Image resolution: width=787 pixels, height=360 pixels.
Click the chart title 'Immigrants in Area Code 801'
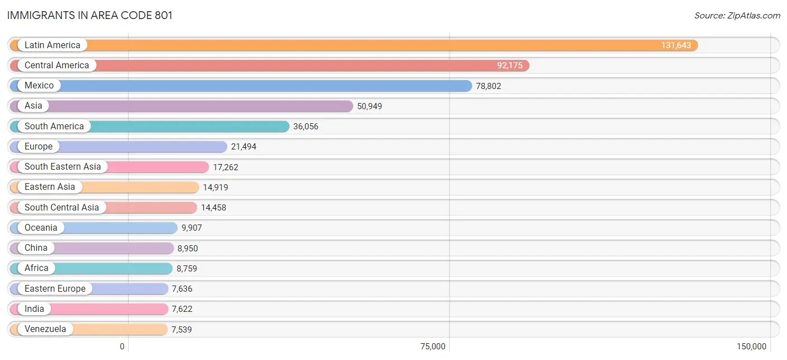[90, 16]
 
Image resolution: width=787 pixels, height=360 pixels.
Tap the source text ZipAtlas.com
[737, 16]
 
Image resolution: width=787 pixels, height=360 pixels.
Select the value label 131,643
[676, 45]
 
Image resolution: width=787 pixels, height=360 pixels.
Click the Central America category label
[57, 66]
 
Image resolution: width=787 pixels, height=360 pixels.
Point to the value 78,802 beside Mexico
[488, 86]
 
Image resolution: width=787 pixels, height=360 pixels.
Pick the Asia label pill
[33, 106]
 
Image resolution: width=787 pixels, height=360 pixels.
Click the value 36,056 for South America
[306, 127]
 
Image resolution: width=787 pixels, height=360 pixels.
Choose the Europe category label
[38, 147]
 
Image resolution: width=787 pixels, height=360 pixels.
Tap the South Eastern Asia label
[63, 167]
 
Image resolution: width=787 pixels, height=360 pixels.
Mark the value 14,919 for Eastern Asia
[216, 188]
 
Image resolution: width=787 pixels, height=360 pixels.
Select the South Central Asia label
[62, 208]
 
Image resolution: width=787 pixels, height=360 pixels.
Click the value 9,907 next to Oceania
[191, 228]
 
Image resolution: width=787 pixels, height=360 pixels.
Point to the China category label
[36, 248]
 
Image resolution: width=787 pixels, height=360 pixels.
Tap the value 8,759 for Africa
[187, 269]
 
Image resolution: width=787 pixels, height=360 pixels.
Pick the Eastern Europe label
[55, 289]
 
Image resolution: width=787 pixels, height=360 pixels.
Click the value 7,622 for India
[182, 309]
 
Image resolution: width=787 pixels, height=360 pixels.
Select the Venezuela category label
[45, 329]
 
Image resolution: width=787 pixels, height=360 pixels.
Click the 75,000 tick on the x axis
[433, 347]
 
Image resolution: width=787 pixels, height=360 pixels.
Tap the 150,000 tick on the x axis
[751, 347]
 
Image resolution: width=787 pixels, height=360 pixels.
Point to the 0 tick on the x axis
[122, 347]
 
